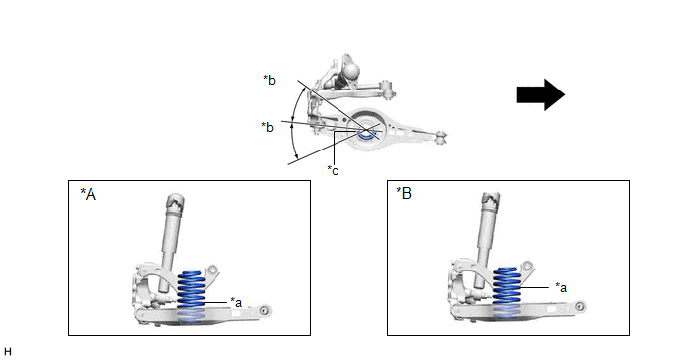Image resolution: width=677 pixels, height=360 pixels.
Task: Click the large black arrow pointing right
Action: pos(540,94)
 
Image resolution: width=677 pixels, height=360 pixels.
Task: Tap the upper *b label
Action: pos(269,80)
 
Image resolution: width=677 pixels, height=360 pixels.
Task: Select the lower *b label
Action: pos(267,127)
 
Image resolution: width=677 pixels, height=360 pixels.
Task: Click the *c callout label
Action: pos(333,170)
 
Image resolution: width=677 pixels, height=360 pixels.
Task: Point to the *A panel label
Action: pos(89,194)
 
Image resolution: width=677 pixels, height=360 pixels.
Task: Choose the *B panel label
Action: pos(404,193)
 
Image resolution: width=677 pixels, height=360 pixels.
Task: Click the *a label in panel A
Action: pos(236,302)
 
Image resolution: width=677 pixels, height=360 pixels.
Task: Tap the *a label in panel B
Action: pos(561,287)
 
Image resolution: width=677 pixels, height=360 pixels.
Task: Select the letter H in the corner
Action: pos(7,352)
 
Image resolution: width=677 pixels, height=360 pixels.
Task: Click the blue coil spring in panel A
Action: pos(191,296)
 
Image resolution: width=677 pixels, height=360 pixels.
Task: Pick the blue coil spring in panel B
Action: pos(507,292)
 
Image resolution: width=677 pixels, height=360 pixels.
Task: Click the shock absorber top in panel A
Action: pos(176,203)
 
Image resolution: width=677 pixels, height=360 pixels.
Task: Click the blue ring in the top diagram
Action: pos(366,134)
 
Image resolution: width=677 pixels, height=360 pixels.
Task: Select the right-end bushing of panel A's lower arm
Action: pos(265,311)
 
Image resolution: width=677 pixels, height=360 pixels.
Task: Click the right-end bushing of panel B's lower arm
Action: pos(580,307)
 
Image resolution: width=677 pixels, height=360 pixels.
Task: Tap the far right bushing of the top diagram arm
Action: pos(441,138)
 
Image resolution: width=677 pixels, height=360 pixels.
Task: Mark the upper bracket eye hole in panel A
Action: pos(212,270)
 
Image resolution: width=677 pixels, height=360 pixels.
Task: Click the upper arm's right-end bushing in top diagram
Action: pos(387,90)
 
